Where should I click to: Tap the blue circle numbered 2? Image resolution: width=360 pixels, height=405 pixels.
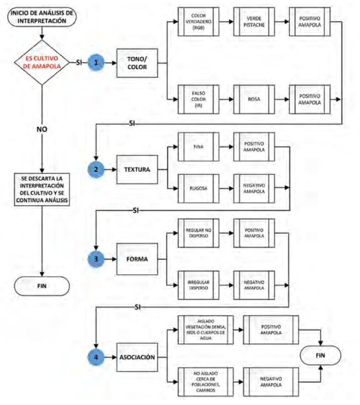[96, 169]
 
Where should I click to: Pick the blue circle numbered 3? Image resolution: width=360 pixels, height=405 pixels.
[96, 258]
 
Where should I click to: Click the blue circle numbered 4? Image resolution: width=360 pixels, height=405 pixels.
[96, 357]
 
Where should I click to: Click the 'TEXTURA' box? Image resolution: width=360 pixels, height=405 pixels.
[137, 169]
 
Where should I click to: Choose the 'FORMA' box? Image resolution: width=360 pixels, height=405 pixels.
[137, 259]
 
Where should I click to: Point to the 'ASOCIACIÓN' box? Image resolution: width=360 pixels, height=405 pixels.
[137, 358]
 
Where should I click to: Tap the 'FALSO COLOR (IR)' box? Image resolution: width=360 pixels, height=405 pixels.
[198, 99]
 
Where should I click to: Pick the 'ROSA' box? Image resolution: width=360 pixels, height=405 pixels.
[254, 99]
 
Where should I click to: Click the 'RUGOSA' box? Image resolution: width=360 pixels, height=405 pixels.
[198, 187]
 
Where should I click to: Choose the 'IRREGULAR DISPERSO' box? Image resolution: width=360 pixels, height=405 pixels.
[198, 285]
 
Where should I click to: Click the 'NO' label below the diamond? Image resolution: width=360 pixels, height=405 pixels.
[42, 129]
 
